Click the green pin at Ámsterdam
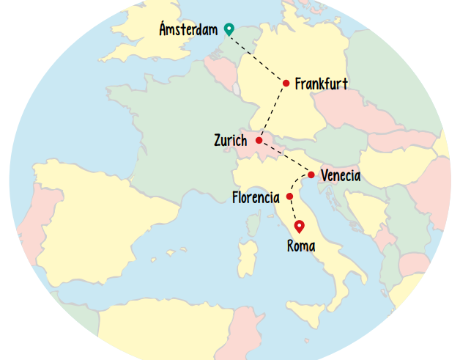[229, 29]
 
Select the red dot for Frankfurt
[286, 83]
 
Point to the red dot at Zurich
[259, 140]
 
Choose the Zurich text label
[231, 140]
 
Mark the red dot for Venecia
[311, 175]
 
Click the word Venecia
[341, 176]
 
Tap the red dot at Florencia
[290, 196]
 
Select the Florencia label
[256, 198]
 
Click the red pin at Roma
[299, 227]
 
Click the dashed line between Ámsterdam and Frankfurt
[256, 56]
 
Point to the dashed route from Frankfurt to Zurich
[272, 111]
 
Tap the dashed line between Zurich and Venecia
[286, 157]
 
